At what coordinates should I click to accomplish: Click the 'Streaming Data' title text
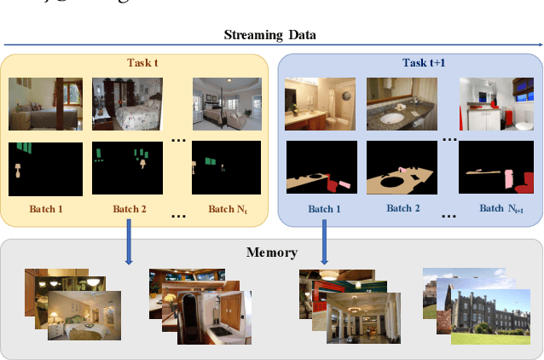point(271,35)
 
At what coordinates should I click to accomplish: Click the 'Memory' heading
point(271,253)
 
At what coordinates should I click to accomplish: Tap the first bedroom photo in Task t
point(45,104)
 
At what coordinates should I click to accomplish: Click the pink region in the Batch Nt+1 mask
point(509,180)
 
